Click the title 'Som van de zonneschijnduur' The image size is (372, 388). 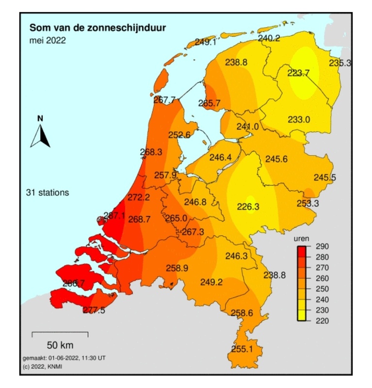(x=97, y=28)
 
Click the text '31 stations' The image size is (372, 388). (x=48, y=193)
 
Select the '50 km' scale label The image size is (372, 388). (x=60, y=345)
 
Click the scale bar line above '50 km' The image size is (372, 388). (x=60, y=334)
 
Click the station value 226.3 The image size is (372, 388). (x=248, y=207)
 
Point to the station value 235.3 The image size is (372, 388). (x=340, y=63)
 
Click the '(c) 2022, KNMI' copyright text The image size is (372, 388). (x=43, y=366)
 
